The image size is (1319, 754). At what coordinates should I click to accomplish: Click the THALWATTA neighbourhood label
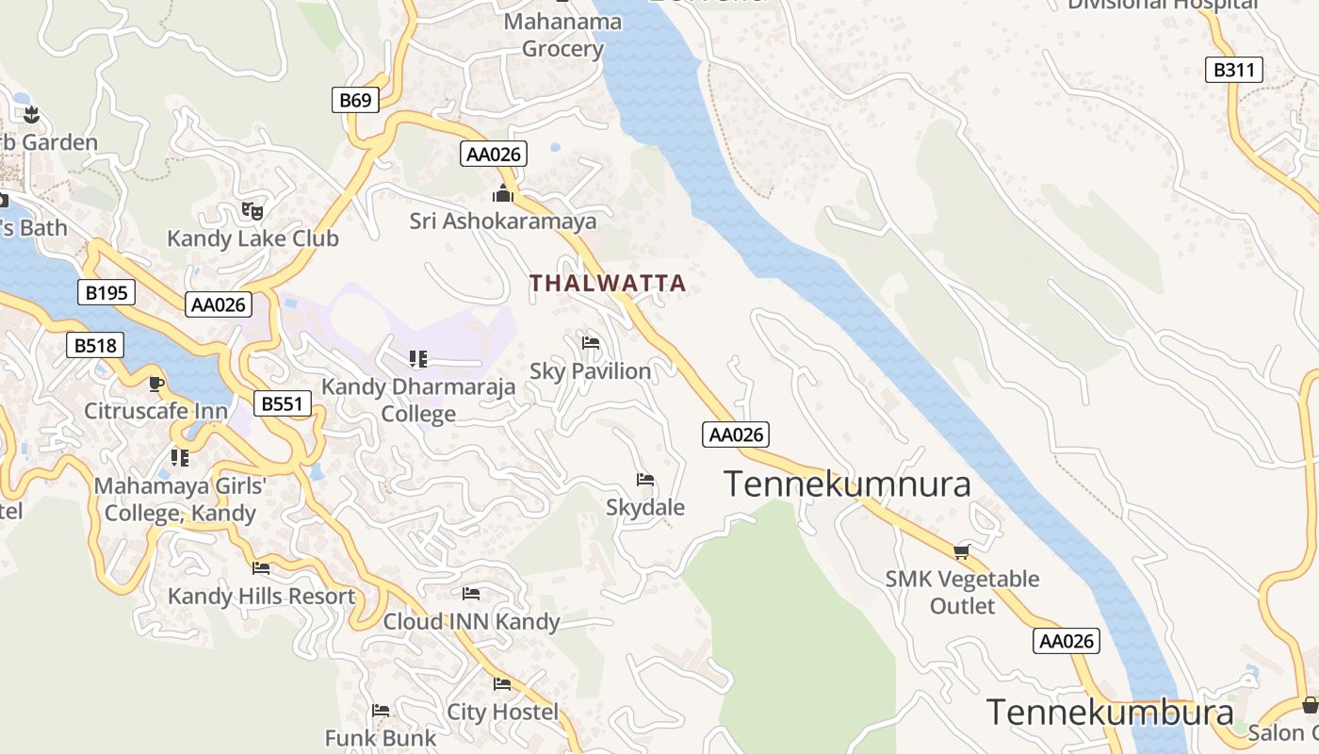coord(607,283)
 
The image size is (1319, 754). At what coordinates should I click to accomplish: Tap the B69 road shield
coord(355,100)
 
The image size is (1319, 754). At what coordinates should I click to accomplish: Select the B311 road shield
coord(1233,70)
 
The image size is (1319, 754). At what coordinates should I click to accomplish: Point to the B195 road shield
coord(106,293)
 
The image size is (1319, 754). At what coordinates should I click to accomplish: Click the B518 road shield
coord(95,346)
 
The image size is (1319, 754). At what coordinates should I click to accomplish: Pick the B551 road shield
coord(282,404)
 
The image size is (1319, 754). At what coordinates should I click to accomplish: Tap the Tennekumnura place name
coord(847,484)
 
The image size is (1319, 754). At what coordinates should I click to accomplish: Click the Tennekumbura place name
coord(1109,713)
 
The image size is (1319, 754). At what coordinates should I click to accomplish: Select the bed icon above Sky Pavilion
coord(591,342)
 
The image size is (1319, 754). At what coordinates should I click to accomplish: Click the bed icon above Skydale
coord(645,480)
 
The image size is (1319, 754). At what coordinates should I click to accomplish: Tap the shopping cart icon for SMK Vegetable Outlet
coord(961,551)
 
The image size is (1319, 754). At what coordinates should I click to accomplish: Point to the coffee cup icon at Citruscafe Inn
coord(156,384)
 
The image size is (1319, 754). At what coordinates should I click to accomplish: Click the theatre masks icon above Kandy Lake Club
coord(252,210)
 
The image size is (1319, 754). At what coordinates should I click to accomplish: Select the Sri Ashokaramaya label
coord(503,221)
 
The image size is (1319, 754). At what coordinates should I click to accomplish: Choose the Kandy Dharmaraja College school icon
coord(418,358)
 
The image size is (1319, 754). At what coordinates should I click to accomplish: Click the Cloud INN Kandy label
coord(471,622)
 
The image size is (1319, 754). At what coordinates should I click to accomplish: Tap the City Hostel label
coord(502,712)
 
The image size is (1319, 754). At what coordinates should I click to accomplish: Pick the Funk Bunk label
coord(381,738)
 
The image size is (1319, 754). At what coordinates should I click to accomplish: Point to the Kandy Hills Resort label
coord(262,597)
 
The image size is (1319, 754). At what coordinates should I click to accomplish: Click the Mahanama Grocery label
coord(562,35)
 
